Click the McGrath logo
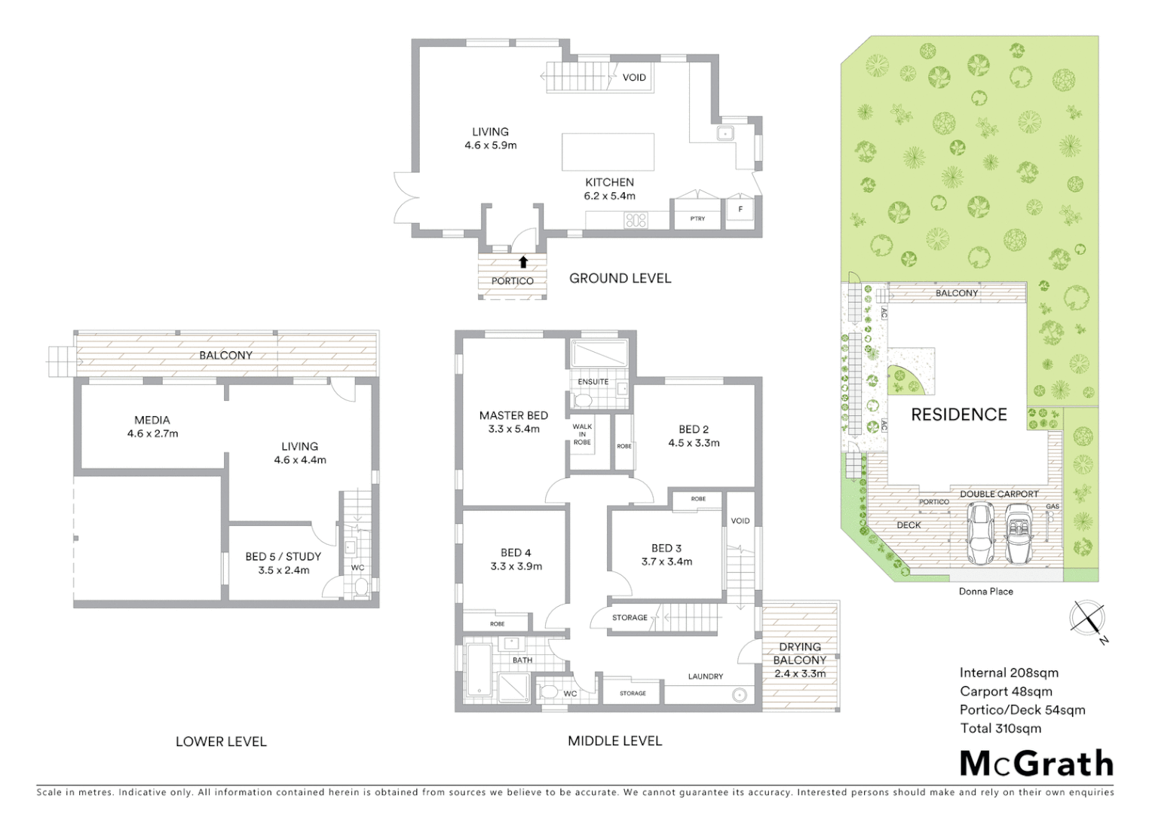[x=1036, y=764]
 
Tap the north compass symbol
[x=1088, y=620]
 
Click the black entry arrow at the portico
[x=523, y=262]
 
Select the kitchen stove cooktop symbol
[x=636, y=220]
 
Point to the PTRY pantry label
[x=697, y=219]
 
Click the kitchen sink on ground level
[x=725, y=133]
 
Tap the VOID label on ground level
[x=634, y=78]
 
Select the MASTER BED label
[x=513, y=415]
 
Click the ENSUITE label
[x=593, y=382]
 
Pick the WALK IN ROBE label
[x=582, y=434]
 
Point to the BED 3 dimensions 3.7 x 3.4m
[x=666, y=562]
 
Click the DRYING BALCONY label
[x=800, y=653]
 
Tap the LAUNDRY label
[x=705, y=676]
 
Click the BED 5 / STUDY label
[x=283, y=556]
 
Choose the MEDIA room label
[x=152, y=420]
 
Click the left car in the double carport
[x=980, y=534]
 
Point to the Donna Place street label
[x=985, y=592]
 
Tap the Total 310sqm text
[x=1000, y=728]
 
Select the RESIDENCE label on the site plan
[x=958, y=415]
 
